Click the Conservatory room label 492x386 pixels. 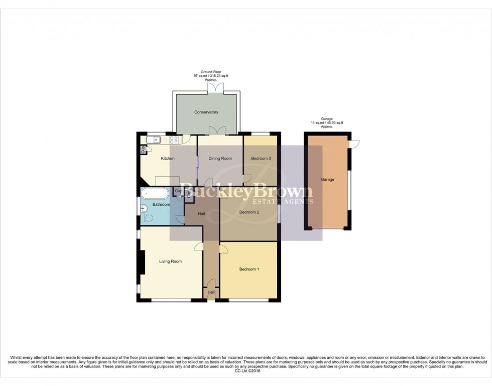(206, 112)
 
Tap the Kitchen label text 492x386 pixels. (168, 159)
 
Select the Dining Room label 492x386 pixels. (220, 159)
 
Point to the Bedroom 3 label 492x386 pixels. (261, 159)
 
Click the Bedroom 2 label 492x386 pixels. (249, 212)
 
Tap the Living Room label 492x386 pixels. (170, 262)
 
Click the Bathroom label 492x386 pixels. (161, 205)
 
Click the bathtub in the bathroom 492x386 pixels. (155, 193)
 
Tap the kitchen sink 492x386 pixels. (153, 140)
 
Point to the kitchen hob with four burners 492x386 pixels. (174, 140)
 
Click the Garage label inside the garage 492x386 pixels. (327, 179)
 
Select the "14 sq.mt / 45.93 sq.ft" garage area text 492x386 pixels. (326, 123)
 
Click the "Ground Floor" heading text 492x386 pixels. (211, 72)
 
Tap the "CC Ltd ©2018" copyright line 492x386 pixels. (245, 371)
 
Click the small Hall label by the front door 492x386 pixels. (211, 292)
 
